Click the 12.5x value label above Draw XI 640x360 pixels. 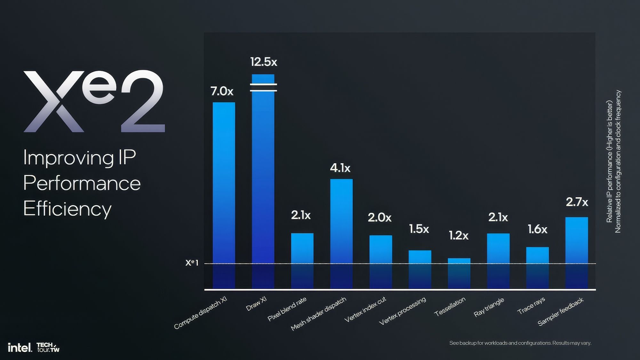tap(263, 62)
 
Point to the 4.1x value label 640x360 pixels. tap(340, 168)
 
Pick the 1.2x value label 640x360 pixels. tap(458, 236)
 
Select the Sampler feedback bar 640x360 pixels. tap(576, 253)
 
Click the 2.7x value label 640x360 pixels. tap(577, 202)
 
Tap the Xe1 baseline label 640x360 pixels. tap(192, 263)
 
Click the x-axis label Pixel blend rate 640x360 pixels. tap(287, 309)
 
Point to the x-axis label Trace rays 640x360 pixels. tap(531, 306)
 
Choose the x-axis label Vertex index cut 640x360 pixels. tap(365, 309)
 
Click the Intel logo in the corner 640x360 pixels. tap(20, 348)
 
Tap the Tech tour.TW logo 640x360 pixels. tap(48, 347)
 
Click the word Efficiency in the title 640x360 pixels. tap(68, 209)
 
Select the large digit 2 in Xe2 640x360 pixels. tap(142, 101)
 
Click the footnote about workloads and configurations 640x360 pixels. tap(520, 343)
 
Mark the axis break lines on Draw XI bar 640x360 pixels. tap(263, 87)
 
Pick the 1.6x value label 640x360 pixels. tap(537, 229)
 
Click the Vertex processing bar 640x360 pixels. tap(420, 269)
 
